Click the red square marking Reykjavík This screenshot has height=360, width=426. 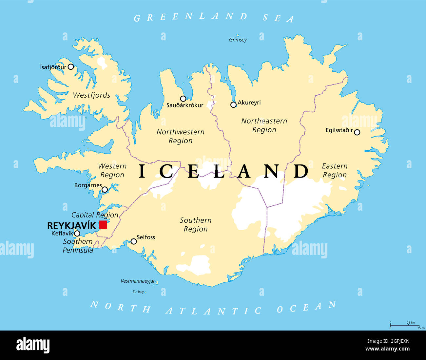tap(103, 225)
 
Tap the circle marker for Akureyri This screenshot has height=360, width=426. tap(233, 105)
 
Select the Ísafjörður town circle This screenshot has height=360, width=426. tap(71, 67)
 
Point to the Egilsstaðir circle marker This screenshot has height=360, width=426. tap(357, 132)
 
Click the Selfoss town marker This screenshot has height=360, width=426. tap(134, 241)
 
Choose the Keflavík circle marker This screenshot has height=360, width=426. tap(77, 234)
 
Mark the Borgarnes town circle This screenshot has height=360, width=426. tap(105, 189)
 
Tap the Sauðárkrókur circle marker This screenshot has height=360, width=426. tap(183, 99)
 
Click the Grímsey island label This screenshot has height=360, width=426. tap(238, 40)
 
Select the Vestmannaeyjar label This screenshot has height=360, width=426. tap(138, 281)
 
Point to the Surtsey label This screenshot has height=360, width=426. tap(138, 292)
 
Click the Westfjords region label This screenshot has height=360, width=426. tap(91, 95)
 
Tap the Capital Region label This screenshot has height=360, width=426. tap(95, 215)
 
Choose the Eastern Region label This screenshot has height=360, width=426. tap(335, 170)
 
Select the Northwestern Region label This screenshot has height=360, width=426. tap(180, 136)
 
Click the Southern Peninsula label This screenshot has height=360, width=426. tap(78, 246)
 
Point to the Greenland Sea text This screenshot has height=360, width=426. tap(214, 17)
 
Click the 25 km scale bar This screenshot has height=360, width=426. tap(404, 325)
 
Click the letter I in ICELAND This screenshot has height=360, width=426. tap(142, 171)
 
